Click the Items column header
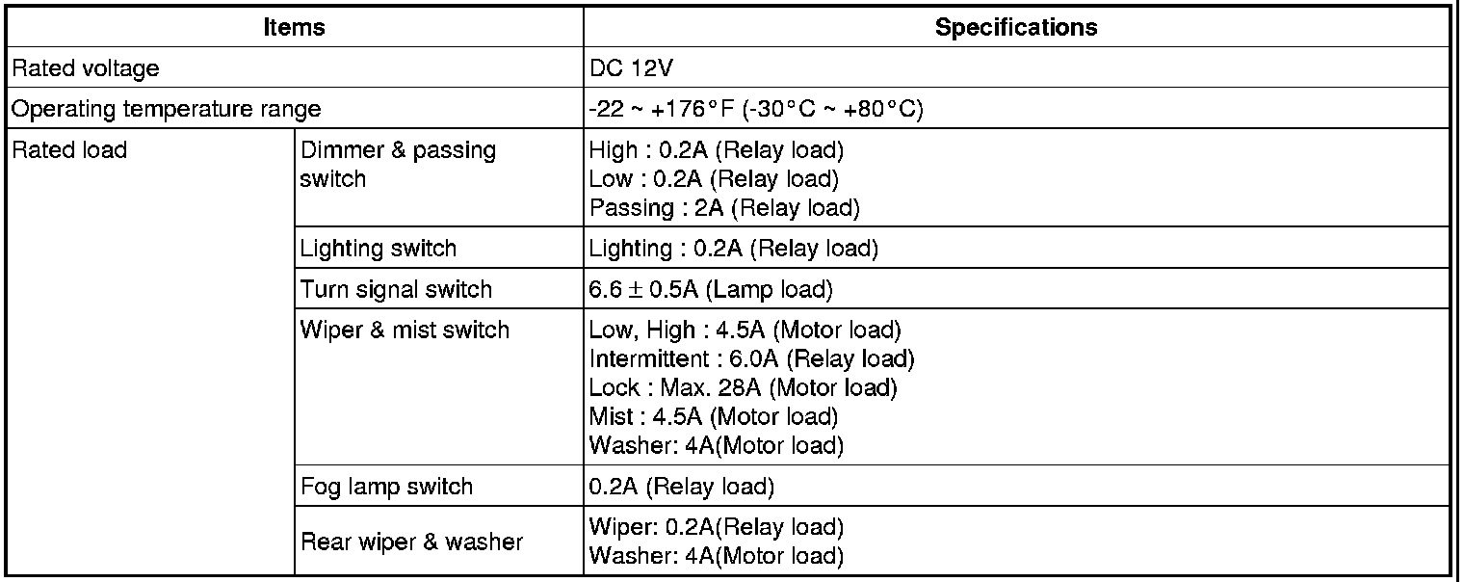(x=294, y=28)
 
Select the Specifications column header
(x=1015, y=28)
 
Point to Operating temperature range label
(x=165, y=109)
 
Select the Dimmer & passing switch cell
(x=398, y=165)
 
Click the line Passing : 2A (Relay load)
(x=723, y=207)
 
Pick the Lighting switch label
(x=379, y=249)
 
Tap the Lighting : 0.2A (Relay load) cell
(x=733, y=249)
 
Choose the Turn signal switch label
(x=396, y=289)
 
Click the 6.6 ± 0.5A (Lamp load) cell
(x=711, y=289)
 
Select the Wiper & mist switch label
(x=405, y=331)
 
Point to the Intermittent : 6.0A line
(x=751, y=359)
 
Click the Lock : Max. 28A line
(x=743, y=388)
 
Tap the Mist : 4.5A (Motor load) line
(x=713, y=417)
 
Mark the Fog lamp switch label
(x=387, y=487)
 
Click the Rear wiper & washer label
(x=412, y=542)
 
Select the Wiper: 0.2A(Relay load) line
(x=716, y=528)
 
